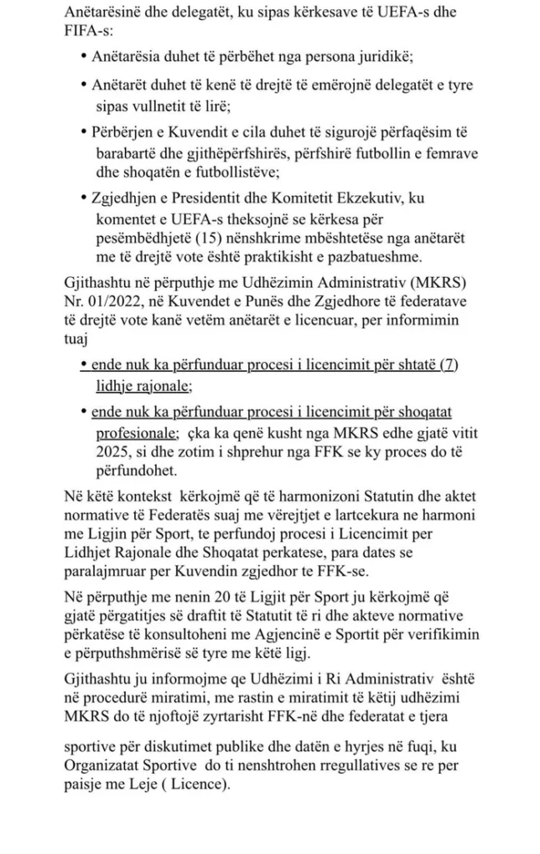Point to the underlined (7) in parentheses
[x=449, y=365]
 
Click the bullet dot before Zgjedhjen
[x=85, y=197]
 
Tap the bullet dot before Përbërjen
[x=85, y=132]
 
